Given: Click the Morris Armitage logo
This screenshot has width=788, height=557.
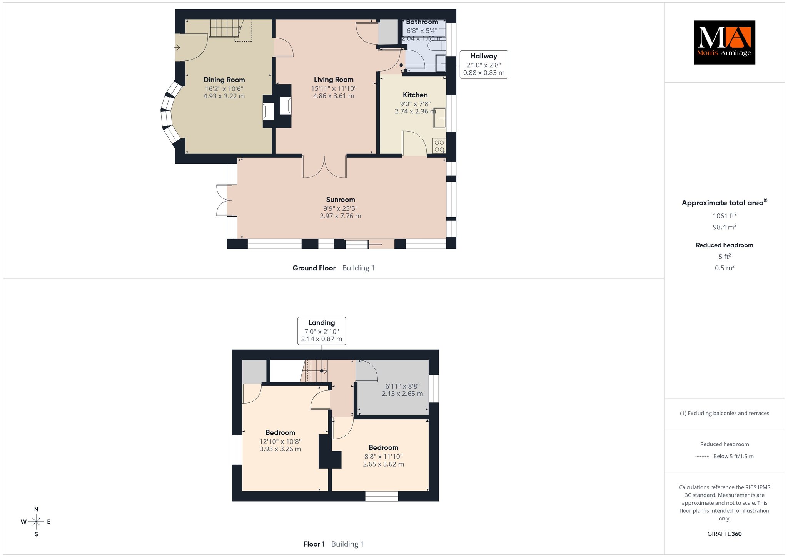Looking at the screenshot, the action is (x=724, y=42).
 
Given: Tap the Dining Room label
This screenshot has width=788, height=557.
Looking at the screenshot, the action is (x=224, y=80).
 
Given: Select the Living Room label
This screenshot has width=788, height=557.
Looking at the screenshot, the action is (x=334, y=79).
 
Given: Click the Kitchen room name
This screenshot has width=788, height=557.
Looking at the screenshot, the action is (x=415, y=95).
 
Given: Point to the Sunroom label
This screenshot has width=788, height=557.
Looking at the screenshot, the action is (x=341, y=199).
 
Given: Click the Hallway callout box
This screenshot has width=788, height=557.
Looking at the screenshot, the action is (x=484, y=65).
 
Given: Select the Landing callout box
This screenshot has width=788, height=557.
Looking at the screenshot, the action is (x=322, y=331).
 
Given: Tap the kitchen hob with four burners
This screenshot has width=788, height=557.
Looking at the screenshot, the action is (x=439, y=146).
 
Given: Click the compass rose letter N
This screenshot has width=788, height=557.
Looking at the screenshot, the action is (x=36, y=509).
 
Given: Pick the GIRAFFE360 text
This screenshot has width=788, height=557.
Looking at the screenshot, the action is (x=725, y=534).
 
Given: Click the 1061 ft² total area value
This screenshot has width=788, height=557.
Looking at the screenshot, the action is (x=725, y=216).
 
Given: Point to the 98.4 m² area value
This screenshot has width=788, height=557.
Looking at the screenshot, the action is (x=725, y=227).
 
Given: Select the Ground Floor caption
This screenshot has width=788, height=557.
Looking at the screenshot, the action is (x=314, y=268).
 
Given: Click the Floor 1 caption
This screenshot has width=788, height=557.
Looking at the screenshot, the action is (x=314, y=544).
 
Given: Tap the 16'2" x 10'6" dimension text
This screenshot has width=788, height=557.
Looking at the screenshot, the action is (x=224, y=88).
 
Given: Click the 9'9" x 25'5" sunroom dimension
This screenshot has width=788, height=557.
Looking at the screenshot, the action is (x=341, y=208).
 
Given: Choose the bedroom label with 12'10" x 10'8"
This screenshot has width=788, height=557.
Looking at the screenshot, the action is (x=280, y=432).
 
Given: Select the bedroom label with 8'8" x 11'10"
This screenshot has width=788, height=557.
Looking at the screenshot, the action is (x=383, y=447).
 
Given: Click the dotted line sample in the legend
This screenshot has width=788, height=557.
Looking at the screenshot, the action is (x=702, y=457).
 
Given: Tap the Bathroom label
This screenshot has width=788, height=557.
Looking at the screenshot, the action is (x=422, y=22).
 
